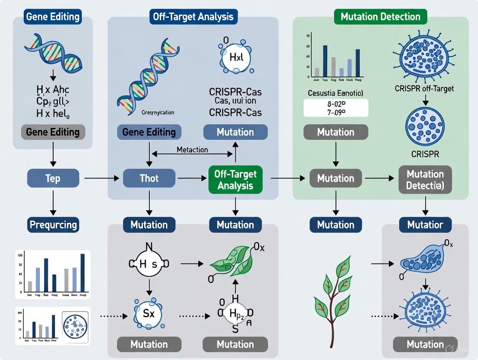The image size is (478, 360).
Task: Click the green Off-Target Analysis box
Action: pyautogui.click(x=235, y=180)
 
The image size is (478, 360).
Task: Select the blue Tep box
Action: pyautogui.click(x=53, y=178)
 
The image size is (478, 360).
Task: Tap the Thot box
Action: pyautogui.click(x=149, y=178)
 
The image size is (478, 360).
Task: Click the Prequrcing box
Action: pyautogui.click(x=53, y=225)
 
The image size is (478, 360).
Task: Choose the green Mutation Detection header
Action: pyautogui.click(x=380, y=17)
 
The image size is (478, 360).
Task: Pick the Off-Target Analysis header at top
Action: pyautogui.click(x=193, y=17)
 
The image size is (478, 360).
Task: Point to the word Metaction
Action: pyautogui.click(x=192, y=150)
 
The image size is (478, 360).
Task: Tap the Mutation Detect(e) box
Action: pyautogui.click(x=425, y=180)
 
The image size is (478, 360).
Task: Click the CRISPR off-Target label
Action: pyautogui.click(x=425, y=89)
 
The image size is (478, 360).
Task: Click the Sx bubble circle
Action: pyautogui.click(x=149, y=313)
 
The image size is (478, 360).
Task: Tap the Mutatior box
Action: pyautogui.click(x=425, y=225)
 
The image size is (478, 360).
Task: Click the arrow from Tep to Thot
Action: pyautogui.click(x=101, y=178)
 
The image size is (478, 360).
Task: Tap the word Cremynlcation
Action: pyautogui.click(x=158, y=112)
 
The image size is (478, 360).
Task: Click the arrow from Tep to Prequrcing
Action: pyautogui.click(x=53, y=202)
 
